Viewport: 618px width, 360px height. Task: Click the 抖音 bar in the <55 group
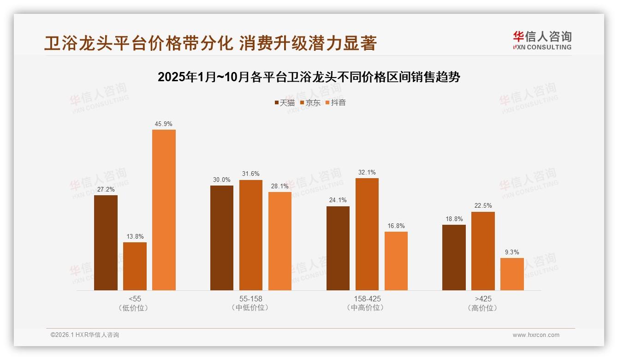[164, 210]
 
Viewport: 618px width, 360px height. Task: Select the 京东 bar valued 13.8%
[135, 266]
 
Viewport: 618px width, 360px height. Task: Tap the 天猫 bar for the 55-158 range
[222, 238]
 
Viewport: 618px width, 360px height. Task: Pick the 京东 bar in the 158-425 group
[367, 234]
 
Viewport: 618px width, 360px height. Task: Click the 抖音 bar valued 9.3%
[512, 274]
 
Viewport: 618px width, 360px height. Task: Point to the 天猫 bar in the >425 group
[454, 258]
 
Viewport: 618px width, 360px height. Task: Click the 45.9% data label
[164, 124]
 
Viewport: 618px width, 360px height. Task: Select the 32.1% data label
[367, 172]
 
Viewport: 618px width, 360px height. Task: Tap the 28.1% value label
[280, 186]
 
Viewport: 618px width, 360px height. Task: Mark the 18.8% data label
[454, 219]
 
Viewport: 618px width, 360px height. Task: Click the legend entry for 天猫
[284, 102]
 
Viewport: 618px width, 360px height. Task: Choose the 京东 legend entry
[310, 102]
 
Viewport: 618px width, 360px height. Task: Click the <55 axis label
[135, 299]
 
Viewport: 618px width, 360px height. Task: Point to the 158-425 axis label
[367, 299]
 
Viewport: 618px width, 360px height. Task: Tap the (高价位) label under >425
[483, 308]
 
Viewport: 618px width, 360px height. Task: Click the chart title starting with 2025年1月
[309, 77]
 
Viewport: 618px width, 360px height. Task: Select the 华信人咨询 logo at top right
[542, 40]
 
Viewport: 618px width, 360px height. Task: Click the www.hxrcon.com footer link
[536, 335]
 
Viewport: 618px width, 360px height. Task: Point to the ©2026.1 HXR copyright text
[85, 335]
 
